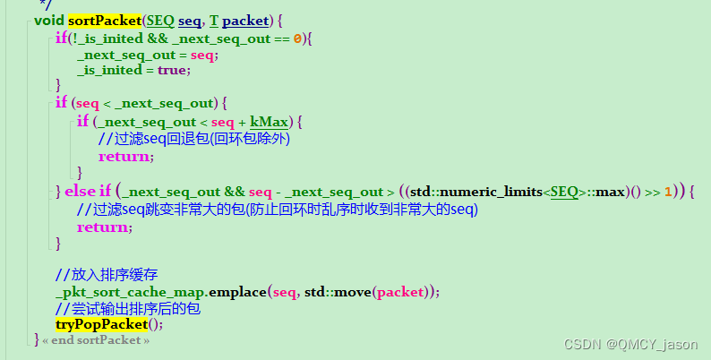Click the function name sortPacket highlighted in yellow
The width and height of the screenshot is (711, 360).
(x=106, y=20)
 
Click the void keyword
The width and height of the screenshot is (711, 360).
(x=50, y=20)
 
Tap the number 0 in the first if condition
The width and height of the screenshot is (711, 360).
(x=298, y=38)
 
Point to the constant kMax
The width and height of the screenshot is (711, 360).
(x=269, y=121)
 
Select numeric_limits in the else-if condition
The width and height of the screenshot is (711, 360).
(x=491, y=191)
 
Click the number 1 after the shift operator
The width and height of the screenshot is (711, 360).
(x=668, y=191)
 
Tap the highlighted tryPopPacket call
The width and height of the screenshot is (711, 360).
(x=101, y=324)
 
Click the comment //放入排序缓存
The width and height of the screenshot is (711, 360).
(x=106, y=275)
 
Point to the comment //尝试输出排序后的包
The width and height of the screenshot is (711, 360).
(x=127, y=308)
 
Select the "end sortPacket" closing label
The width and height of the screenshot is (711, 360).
(x=96, y=340)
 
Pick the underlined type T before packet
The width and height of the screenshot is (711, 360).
(x=214, y=20)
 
